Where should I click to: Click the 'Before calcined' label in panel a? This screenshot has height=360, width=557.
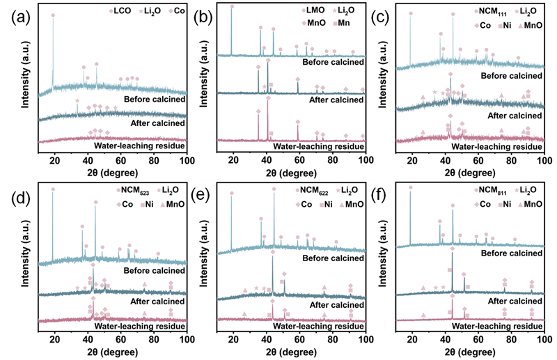(x=154, y=99)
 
